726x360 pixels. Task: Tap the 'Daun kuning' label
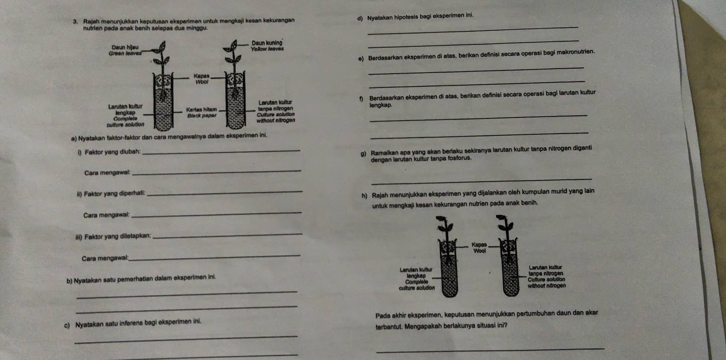pos(267,43)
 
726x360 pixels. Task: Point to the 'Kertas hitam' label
pos(201,110)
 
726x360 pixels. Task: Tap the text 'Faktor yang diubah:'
pos(112,152)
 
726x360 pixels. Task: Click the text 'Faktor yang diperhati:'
pos(114,193)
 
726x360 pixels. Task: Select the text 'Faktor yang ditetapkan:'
pos(117,236)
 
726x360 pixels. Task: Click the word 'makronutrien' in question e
pos(576,52)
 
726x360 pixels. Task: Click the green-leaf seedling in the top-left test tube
pos(163,66)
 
